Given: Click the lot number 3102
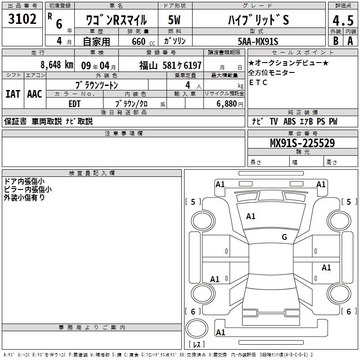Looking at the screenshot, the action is [x=22, y=19].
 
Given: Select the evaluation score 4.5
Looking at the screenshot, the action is [x=342, y=21].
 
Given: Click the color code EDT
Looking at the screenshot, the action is [x=75, y=104].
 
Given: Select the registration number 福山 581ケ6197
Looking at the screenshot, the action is [x=170, y=65].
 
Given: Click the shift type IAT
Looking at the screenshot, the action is [x=13, y=94].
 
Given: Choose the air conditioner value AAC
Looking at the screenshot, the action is [x=34, y=94].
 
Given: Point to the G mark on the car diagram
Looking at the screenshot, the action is [x=284, y=237].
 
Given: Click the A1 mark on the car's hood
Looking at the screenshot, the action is [x=251, y=216].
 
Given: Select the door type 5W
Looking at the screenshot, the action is [x=175, y=21].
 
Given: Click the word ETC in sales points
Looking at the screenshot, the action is [x=258, y=82].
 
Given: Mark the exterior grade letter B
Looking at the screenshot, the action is [x=335, y=41].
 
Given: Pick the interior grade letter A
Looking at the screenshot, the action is [x=350, y=41].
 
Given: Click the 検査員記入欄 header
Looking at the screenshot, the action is [x=92, y=173].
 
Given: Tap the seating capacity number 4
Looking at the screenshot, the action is [x=187, y=85].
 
